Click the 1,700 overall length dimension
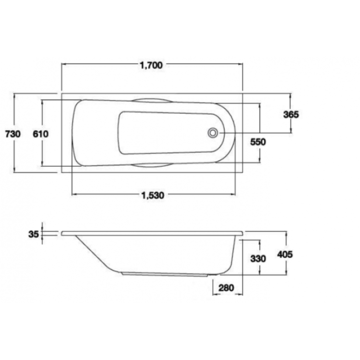pyautogui.click(x=151, y=65)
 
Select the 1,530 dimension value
pyautogui.click(x=152, y=195)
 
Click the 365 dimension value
pyautogui.click(x=290, y=114)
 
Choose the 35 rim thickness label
pyautogui.click(x=33, y=234)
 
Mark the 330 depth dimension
pyautogui.click(x=258, y=258)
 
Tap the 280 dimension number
pyautogui.click(x=227, y=288)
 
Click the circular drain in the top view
pyautogui.click(x=213, y=132)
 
